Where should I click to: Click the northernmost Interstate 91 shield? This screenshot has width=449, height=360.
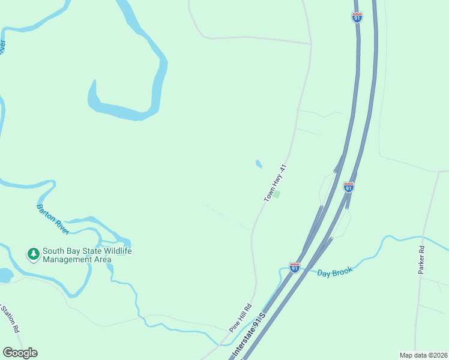click(357, 17)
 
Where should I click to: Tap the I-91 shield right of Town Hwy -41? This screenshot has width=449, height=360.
click(348, 187)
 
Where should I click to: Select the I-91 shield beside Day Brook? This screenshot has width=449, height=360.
click(294, 268)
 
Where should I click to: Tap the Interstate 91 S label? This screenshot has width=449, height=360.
click(250, 336)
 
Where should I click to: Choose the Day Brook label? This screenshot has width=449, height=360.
click(334, 273)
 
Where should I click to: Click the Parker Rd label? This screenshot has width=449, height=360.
click(421, 260)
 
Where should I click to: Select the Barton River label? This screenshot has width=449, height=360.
click(53, 219)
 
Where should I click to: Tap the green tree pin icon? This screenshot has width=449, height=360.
click(33, 254)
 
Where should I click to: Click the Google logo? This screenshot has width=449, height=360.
click(20, 353)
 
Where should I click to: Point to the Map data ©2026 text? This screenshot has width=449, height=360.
click(423, 355)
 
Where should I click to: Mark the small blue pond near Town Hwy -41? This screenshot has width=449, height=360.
click(259, 163)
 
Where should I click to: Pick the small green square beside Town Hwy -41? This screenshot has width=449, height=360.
click(277, 194)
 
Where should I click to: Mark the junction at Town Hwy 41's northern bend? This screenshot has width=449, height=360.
click(311, 44)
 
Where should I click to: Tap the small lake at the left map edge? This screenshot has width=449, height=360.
click(5, 275)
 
